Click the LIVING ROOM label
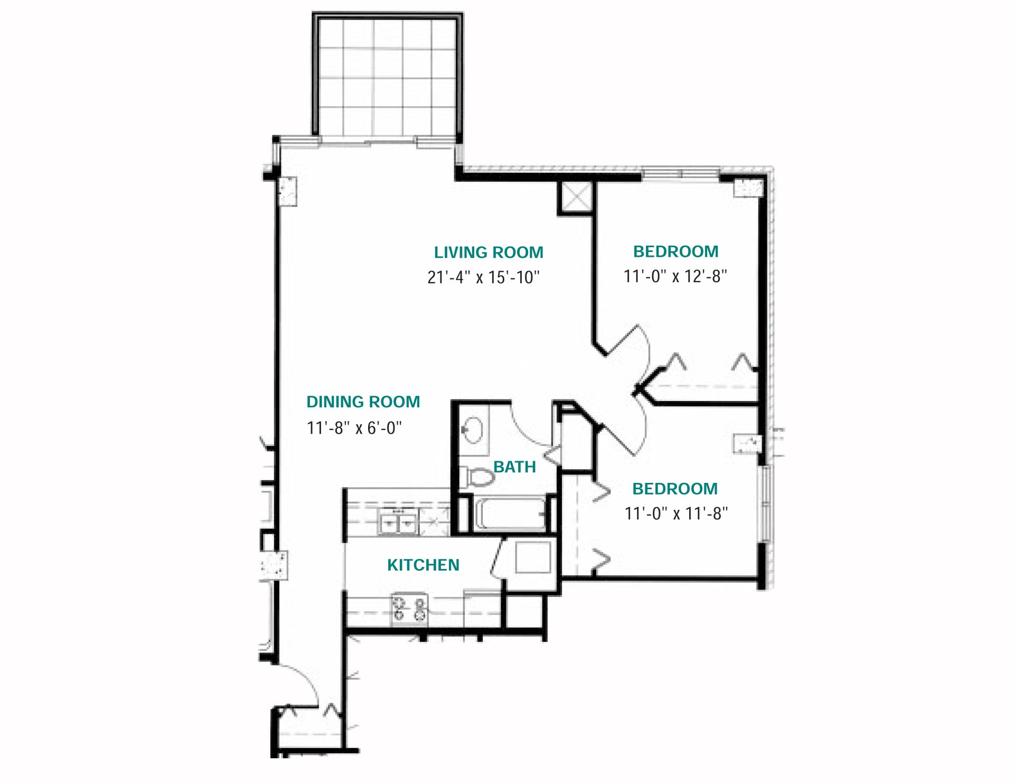pyautogui.click(x=489, y=253)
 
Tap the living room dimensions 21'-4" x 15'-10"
pyautogui.click(x=483, y=277)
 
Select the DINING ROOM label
pyautogui.click(x=363, y=402)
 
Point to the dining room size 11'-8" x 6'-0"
pyautogui.click(x=354, y=427)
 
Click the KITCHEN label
pyautogui.click(x=423, y=565)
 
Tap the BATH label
pyautogui.click(x=514, y=467)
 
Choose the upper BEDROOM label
pyautogui.click(x=675, y=251)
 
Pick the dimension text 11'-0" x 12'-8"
pyautogui.click(x=675, y=276)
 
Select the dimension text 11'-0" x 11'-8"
pyautogui.click(x=676, y=514)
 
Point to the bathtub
pyautogui.click(x=510, y=514)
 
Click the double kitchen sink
pyautogui.click(x=399, y=523)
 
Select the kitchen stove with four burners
pyautogui.click(x=409, y=609)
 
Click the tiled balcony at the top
pyautogui.click(x=388, y=77)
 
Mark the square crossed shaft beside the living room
pyautogui.click(x=575, y=197)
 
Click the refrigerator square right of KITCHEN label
pyautogui.click(x=532, y=557)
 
